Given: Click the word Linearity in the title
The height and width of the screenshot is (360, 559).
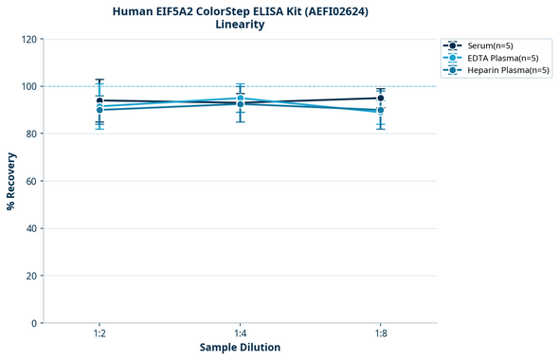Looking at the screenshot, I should pos(240,25).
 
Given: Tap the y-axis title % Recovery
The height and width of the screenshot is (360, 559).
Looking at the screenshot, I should pos(11,180).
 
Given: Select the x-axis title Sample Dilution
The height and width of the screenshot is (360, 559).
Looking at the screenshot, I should pos(240,348).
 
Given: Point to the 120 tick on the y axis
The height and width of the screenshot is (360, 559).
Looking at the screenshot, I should pos(28,39).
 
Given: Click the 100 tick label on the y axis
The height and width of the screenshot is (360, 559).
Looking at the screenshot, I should pos(28,86).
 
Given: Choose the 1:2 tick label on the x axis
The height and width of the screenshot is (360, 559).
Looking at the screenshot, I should pos(99,333).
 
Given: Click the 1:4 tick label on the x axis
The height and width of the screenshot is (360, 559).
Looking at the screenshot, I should pos(240,333).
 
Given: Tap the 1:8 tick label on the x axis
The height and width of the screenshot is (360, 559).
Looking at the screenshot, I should pos(381,333).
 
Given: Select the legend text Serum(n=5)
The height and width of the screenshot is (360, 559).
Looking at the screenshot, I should pos(491,45).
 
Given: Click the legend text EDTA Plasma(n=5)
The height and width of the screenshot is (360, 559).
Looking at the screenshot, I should pos(502,58).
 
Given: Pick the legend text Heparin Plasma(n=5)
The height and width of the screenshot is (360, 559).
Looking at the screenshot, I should pos(508,70).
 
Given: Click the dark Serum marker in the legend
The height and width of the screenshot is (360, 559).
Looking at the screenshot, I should pos(454,45).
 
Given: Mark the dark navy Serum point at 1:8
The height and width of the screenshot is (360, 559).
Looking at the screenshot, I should pos(381,98).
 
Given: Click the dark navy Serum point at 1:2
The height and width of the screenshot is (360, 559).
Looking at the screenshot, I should pos(99,100).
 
